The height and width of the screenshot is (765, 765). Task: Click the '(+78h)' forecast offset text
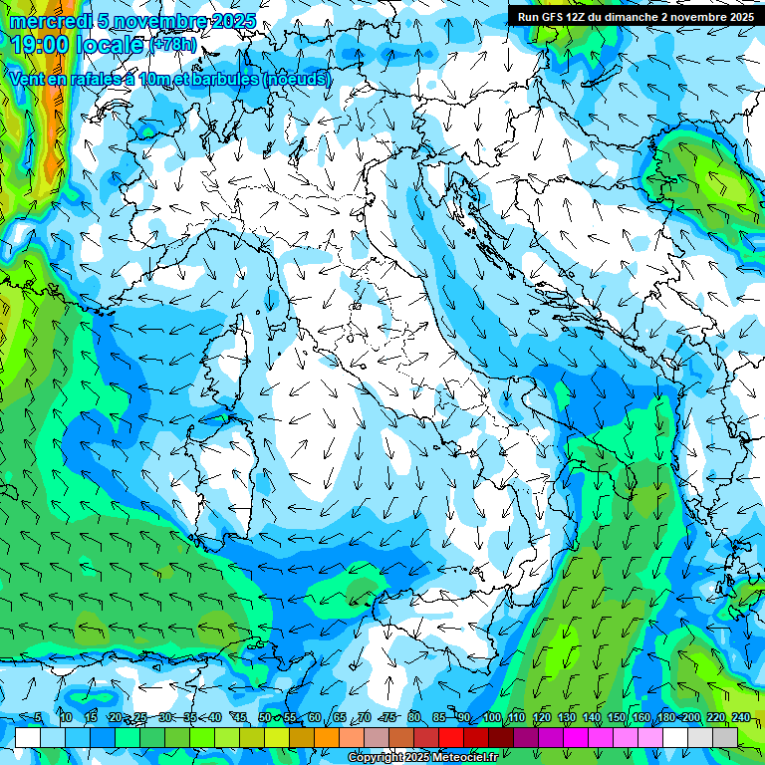click(172, 46)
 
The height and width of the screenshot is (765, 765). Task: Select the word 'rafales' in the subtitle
click(105, 79)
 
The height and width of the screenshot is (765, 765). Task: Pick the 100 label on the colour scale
click(492, 718)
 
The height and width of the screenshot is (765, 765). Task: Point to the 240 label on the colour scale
click(741, 718)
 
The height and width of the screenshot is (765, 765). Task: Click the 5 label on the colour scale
click(38, 718)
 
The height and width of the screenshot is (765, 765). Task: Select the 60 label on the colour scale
click(315, 718)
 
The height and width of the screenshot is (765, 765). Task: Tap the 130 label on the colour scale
click(567, 718)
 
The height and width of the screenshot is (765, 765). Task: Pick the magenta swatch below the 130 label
click(576, 737)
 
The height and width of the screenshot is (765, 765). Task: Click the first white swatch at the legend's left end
click(28, 737)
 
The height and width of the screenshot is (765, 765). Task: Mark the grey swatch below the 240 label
click(725, 737)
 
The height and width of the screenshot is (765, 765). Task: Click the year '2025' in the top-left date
click(231, 22)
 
